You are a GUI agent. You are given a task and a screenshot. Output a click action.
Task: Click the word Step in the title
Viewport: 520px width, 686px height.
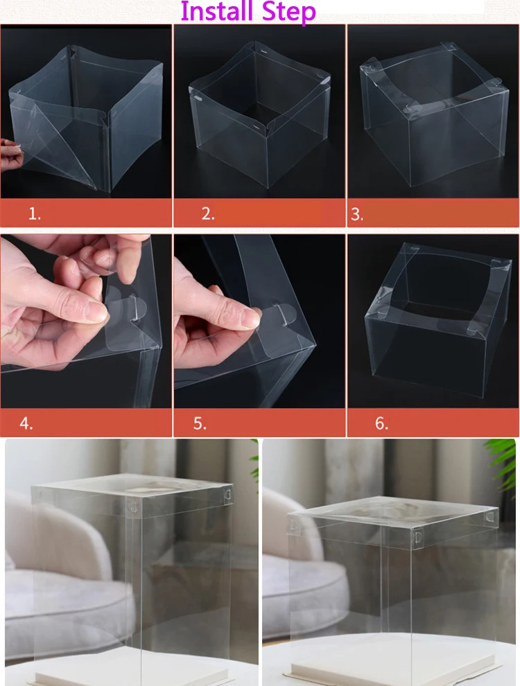(289, 12)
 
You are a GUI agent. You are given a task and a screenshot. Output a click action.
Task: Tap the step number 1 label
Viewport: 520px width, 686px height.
(35, 213)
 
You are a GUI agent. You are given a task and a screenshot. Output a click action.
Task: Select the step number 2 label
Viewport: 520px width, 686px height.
(208, 213)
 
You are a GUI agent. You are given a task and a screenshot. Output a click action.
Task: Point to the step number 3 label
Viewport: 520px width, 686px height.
(357, 214)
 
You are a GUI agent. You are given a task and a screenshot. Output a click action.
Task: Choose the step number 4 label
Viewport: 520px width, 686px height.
(26, 423)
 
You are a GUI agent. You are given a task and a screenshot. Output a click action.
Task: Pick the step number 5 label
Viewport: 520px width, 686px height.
(200, 423)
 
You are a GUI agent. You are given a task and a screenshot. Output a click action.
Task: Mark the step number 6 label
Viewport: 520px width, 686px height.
(382, 423)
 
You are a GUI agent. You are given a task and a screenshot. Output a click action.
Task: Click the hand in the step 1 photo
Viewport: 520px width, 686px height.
(11, 155)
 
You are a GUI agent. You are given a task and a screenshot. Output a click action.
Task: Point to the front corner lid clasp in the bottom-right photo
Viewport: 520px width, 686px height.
(418, 537)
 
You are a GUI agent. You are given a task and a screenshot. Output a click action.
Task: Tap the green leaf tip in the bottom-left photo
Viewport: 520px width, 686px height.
(254, 459)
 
